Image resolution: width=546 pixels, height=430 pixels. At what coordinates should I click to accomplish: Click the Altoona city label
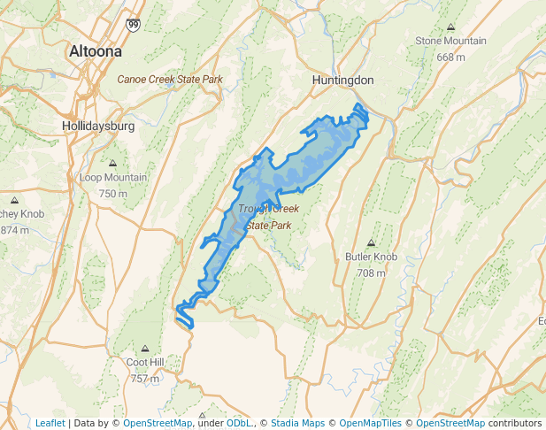pos(96,52)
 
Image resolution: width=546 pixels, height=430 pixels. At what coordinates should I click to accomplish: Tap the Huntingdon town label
pos(343,80)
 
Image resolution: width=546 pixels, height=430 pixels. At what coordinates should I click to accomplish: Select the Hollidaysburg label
pos(98,126)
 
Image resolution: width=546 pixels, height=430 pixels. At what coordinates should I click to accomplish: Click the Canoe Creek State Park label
pos(170,80)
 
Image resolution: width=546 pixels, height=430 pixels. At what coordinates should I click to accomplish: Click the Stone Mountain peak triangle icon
pos(451,27)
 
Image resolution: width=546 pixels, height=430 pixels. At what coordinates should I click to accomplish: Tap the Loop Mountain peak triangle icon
pos(113,164)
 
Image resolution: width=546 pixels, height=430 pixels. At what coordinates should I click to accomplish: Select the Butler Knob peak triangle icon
pos(371,243)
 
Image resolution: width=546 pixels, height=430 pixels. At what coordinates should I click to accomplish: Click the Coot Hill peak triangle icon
pos(145,349)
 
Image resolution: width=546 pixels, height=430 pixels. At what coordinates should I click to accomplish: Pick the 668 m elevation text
pos(450,57)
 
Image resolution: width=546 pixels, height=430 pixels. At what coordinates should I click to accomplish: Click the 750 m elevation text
pos(113,193)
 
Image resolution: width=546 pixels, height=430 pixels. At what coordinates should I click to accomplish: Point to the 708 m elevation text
pos(371,273)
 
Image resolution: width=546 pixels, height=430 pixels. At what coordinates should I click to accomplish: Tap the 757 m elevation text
pos(145,378)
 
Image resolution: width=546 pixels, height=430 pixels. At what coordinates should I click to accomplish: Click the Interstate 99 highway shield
pos(132,26)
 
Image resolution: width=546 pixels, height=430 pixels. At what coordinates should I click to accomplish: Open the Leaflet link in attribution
pos(50,423)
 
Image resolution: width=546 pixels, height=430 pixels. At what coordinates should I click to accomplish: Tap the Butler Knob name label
pos(371,257)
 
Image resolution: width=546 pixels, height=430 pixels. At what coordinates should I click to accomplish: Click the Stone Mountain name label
pos(450,41)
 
